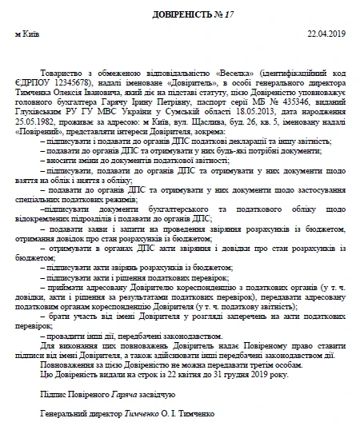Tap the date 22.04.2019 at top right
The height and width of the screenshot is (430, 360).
click(323, 34)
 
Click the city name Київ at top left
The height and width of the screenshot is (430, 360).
click(27, 34)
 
